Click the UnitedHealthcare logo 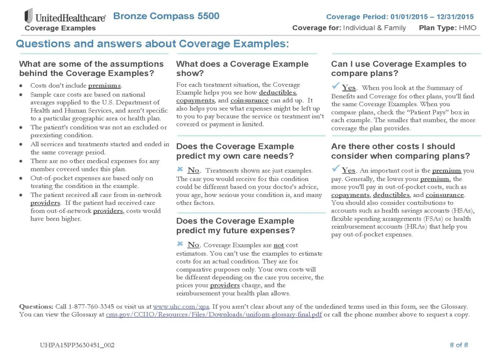[x=65, y=17]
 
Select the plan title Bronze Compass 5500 [x=166, y=16]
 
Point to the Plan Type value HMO [x=468, y=28]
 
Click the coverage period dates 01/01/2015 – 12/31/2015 [x=432, y=17]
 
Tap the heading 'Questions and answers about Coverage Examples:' [x=152, y=44]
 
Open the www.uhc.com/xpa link [x=181, y=307]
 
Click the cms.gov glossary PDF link [x=214, y=315]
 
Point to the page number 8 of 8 [x=459, y=345]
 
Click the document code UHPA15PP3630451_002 [x=77, y=345]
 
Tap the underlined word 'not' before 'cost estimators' [x=278, y=245]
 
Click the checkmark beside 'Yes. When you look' [x=336, y=86]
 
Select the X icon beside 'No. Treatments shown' [x=180, y=169]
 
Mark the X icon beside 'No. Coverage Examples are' [x=180, y=244]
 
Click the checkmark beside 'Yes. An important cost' [x=336, y=168]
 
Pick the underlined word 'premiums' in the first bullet [x=104, y=86]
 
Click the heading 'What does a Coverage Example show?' [x=242, y=68]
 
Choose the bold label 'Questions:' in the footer [x=36, y=307]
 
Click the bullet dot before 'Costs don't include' [x=21, y=86]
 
